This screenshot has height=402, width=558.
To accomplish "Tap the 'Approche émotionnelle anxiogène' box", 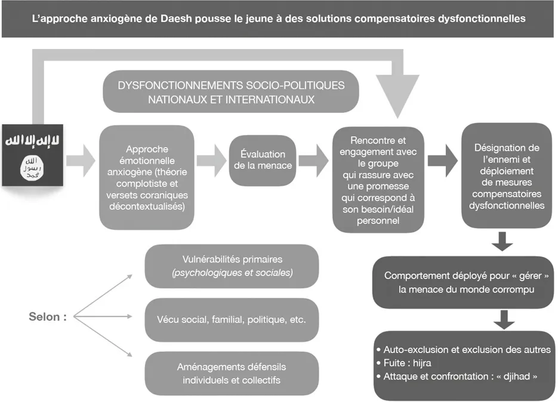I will point(147,178).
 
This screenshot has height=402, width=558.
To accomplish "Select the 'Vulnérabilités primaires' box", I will point(232,266).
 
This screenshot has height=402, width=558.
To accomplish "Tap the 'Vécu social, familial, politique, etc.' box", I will point(232,320).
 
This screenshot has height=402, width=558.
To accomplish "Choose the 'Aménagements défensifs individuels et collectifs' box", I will point(232,373).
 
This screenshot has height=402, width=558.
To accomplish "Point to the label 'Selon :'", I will point(48,317).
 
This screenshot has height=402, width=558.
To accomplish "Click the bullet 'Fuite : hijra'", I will point(405,363).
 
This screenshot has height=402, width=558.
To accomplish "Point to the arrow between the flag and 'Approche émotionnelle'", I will point(81,160).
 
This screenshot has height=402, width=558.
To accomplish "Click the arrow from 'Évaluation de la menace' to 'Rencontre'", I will point(313,160).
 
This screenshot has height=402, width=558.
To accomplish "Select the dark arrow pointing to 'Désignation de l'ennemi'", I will point(442,160).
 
